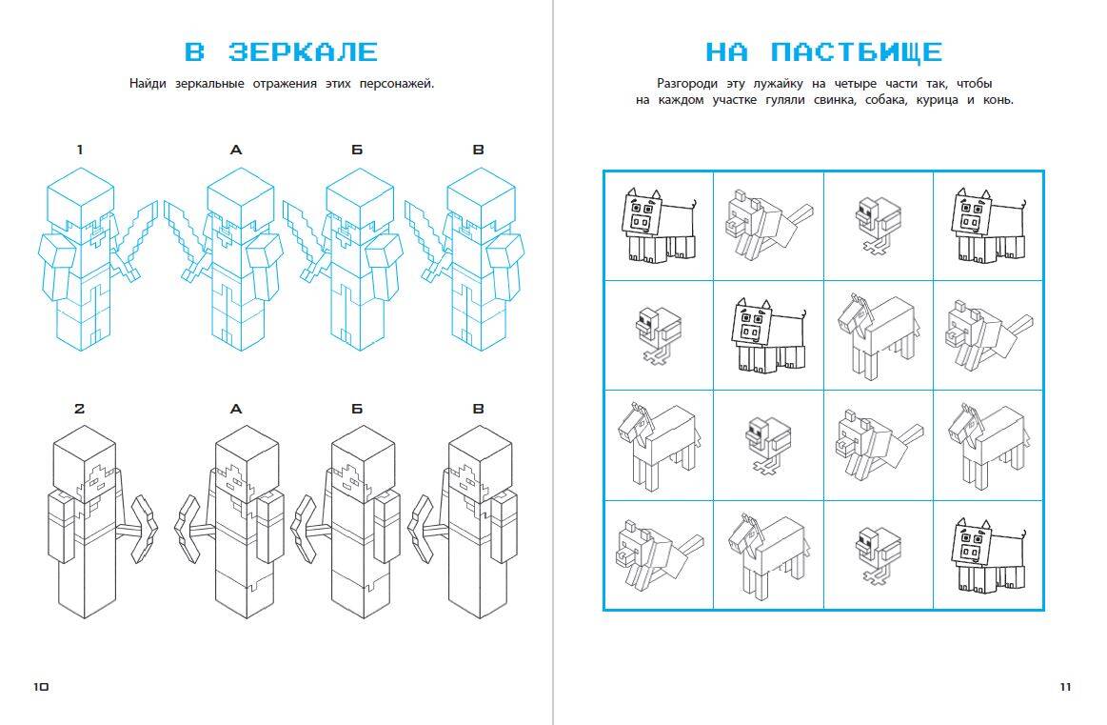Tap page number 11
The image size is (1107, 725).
point(1065,686)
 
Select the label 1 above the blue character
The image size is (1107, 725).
point(80,149)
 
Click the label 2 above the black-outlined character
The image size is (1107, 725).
point(80,409)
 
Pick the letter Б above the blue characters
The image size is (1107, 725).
point(357,149)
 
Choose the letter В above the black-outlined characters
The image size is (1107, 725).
point(479,409)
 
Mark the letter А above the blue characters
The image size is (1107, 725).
point(237,149)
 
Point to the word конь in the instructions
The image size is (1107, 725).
point(997,100)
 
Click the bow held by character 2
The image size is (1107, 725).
point(146,526)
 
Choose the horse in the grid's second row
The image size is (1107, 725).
point(877,333)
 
